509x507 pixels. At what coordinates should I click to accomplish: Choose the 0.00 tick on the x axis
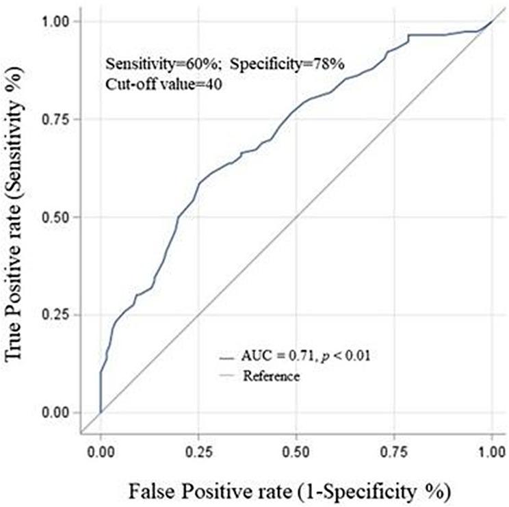(101, 452)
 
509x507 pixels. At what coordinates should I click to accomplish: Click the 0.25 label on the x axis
(198, 452)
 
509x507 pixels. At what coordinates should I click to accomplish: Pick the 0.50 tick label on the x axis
(296, 452)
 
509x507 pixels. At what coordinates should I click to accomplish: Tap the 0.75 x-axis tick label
(394, 452)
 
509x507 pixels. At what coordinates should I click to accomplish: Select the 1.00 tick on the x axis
(491, 452)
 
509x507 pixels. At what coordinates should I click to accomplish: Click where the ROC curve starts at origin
(101, 412)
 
